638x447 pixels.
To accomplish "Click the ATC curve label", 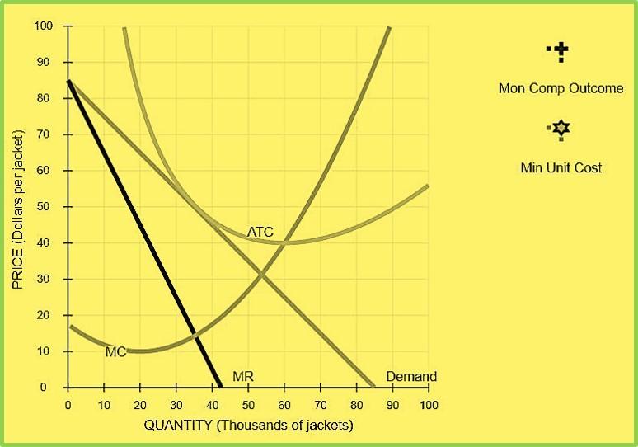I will pyautogui.click(x=260, y=233).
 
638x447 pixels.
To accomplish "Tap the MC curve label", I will pyautogui.click(x=115, y=352).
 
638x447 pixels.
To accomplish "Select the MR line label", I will pyautogui.click(x=242, y=377).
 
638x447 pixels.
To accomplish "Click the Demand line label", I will pyautogui.click(x=411, y=377).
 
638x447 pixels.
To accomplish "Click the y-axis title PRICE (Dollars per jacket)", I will pyautogui.click(x=18, y=207).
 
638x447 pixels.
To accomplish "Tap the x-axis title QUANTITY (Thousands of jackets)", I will pyautogui.click(x=248, y=426).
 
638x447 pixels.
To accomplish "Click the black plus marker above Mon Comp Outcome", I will pyautogui.click(x=561, y=53).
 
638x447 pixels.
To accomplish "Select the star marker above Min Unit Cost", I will pyautogui.click(x=561, y=129).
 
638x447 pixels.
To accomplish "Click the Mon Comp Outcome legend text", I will pyautogui.click(x=561, y=88).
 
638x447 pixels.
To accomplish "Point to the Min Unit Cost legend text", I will pyautogui.click(x=561, y=167).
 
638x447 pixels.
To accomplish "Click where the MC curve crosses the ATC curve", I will pyautogui.click(x=284, y=242).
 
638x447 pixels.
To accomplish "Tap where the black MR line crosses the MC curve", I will pyautogui.click(x=195, y=334).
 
